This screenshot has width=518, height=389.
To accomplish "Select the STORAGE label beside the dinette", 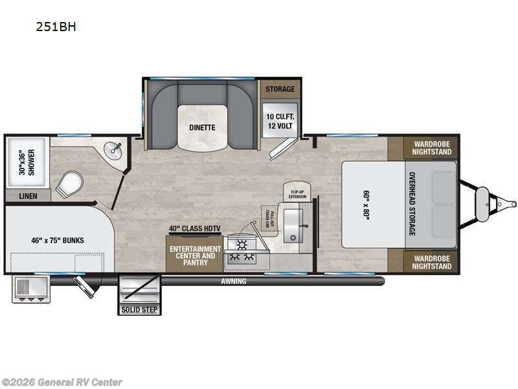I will (x=278, y=89).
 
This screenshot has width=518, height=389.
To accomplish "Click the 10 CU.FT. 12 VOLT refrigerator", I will (x=278, y=120).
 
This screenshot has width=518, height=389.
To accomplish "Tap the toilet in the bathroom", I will (x=69, y=185).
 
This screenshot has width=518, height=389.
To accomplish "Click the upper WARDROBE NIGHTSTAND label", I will (x=432, y=148).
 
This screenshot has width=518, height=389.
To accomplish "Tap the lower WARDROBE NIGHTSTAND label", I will (x=432, y=262).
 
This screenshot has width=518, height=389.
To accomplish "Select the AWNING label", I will (x=234, y=281).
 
